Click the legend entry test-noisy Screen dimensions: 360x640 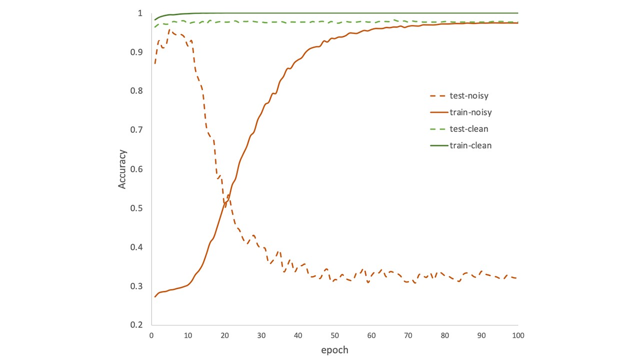point(469,96)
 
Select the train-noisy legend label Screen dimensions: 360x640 point(470,112)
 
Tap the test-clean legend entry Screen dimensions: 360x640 point(468,129)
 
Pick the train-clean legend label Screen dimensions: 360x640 point(470,145)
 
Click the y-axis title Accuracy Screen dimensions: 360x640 point(122,169)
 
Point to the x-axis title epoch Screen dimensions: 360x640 point(334,349)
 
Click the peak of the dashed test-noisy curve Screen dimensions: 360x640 point(169,30)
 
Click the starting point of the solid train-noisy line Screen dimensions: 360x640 point(155,296)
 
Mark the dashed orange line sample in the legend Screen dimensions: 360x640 point(437,96)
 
